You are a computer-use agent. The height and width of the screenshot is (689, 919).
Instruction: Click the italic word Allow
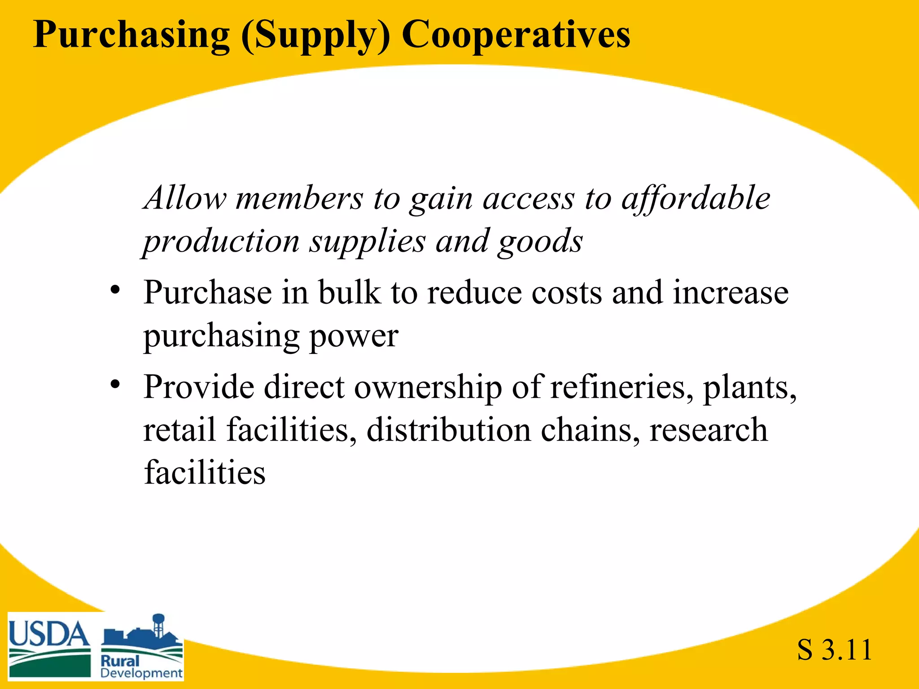point(185,198)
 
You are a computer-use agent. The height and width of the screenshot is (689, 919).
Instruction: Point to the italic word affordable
point(696,198)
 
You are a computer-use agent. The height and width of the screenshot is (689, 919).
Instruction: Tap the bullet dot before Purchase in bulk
point(115,290)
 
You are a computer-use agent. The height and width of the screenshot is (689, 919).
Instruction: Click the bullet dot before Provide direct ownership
point(115,384)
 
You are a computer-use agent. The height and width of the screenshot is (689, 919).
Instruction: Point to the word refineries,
point(621,387)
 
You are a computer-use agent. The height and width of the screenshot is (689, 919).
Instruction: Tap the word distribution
point(449,430)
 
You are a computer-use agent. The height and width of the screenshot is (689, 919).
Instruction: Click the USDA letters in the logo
point(49,634)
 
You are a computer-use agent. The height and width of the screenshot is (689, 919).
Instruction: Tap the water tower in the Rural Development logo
point(158,624)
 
